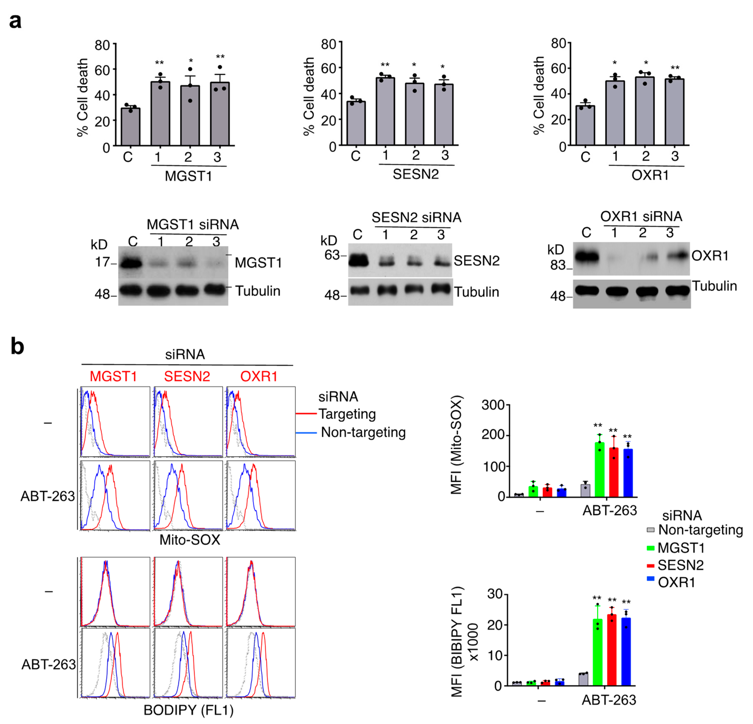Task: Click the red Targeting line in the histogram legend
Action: click(x=306, y=414)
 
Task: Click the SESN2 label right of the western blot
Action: click(x=476, y=261)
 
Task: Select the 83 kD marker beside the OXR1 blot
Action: click(x=558, y=265)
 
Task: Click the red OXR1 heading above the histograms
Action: click(x=259, y=376)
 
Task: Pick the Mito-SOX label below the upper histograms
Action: click(x=190, y=540)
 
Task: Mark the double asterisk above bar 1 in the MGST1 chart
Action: click(x=160, y=63)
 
